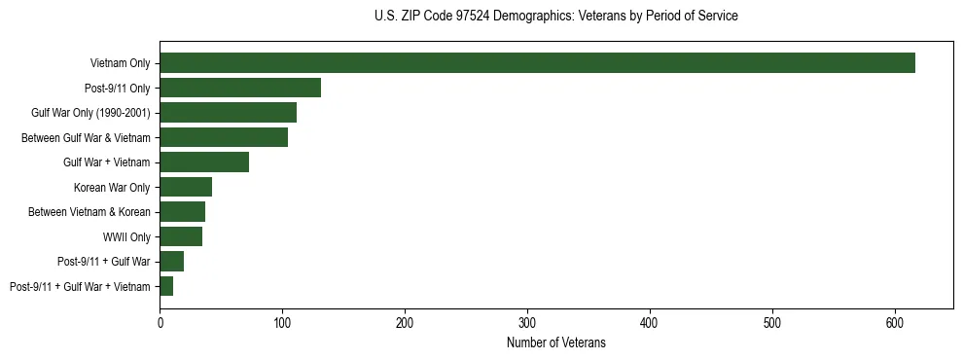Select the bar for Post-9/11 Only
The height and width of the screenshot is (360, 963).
240,88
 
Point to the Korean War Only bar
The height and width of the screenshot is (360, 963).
186,187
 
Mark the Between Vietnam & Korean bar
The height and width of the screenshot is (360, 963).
182,212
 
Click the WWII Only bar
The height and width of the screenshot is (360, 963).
181,236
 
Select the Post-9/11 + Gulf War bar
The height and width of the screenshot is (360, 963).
171,262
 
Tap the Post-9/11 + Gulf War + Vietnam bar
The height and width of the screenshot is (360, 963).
166,286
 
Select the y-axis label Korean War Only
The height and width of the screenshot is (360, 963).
112,187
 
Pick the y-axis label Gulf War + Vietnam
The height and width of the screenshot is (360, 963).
107,162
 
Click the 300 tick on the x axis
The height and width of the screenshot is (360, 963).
527,322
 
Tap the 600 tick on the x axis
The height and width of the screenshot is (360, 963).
895,322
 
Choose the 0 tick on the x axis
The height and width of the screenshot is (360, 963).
160,322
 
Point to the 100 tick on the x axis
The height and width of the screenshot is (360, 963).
282,322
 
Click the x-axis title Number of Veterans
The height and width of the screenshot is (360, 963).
556,342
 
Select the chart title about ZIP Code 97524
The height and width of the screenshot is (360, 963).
556,17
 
